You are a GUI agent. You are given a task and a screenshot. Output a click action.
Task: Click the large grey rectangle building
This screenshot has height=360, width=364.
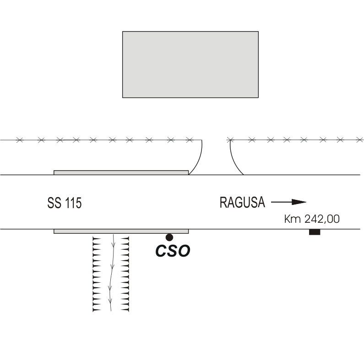190,64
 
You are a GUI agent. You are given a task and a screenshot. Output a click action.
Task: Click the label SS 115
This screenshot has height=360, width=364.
65,203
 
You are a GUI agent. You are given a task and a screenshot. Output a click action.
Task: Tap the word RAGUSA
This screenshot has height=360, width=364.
242,202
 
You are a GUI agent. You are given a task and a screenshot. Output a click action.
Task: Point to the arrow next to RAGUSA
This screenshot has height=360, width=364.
288,202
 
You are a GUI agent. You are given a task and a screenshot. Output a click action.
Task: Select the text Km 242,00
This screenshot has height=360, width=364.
312,219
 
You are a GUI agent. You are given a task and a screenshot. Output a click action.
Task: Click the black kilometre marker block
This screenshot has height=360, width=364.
314,232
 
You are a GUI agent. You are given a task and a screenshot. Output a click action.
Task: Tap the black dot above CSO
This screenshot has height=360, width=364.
169,237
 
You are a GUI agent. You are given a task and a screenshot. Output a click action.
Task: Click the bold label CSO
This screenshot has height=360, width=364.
173,251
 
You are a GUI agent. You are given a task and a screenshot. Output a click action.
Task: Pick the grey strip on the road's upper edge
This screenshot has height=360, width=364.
121,172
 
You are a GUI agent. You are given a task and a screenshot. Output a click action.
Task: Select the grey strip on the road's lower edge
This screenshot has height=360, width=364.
121,231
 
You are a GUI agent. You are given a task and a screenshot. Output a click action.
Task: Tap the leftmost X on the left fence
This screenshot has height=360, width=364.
19,140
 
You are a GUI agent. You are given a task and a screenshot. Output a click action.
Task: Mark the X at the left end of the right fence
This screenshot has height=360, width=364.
231,139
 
